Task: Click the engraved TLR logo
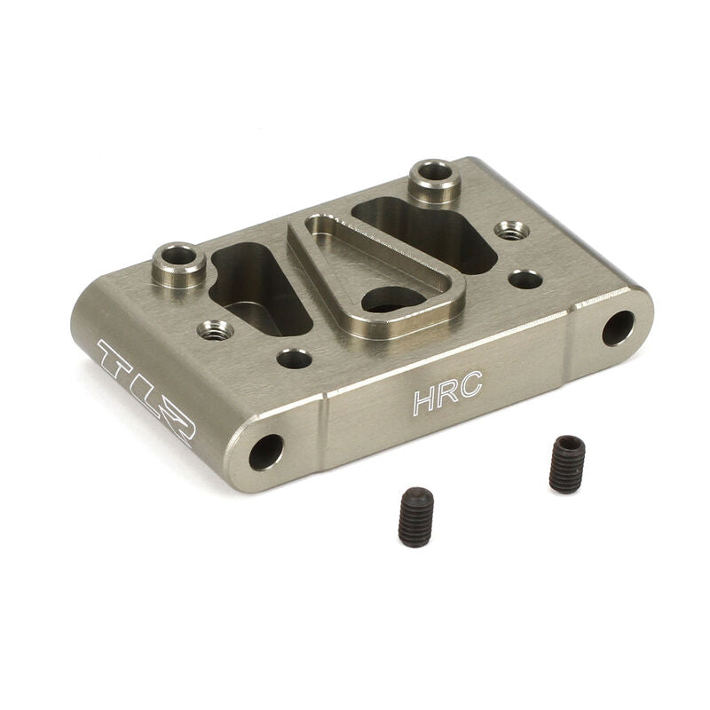[x=146, y=390]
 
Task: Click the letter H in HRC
[x=423, y=400]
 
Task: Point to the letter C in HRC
[x=471, y=388]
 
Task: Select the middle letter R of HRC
[x=447, y=394]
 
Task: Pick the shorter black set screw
[x=414, y=516]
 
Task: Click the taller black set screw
[x=566, y=463]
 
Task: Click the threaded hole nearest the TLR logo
[x=215, y=330]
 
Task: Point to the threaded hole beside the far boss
[x=511, y=230]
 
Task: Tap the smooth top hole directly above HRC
[x=525, y=279]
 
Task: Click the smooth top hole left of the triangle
[x=294, y=359]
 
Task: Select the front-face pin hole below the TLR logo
[x=265, y=452]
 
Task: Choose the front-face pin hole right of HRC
[x=619, y=327]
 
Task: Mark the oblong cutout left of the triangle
[x=257, y=288]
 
